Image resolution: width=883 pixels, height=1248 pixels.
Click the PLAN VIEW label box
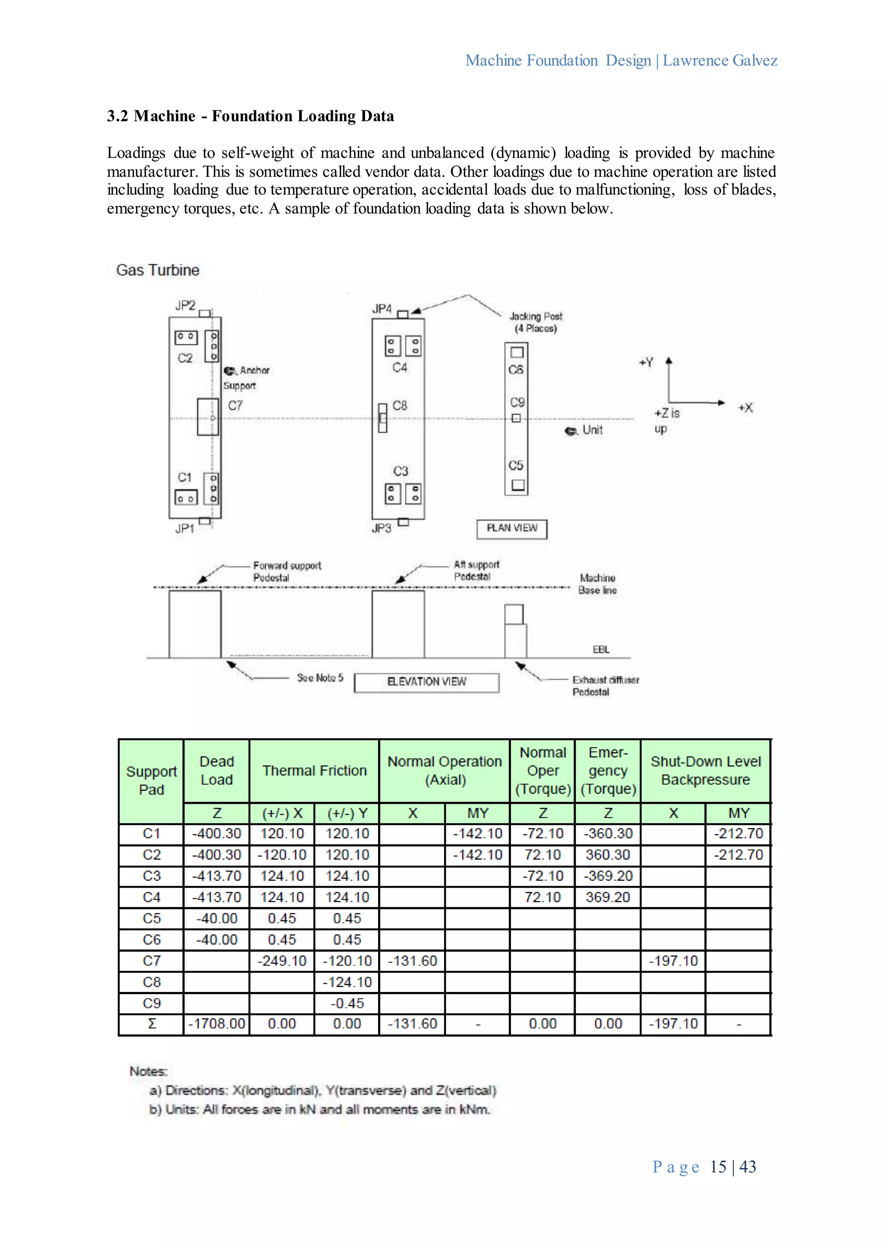click(x=512, y=528)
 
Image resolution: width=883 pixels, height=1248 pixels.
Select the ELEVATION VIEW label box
click(x=426, y=682)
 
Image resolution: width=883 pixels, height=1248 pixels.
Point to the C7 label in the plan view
click(x=235, y=406)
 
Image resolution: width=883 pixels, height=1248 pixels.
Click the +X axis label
click(x=745, y=408)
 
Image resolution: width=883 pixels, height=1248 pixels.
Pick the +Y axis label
click(x=646, y=362)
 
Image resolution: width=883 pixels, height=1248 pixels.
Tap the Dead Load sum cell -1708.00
click(x=216, y=1023)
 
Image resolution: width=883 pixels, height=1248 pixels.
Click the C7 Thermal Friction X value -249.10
click(x=282, y=961)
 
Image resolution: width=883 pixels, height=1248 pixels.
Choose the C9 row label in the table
click(x=152, y=1003)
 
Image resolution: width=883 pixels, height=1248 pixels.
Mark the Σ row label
click(x=152, y=1023)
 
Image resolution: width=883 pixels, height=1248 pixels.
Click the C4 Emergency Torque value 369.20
click(x=608, y=897)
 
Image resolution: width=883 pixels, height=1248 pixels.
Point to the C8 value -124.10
click(x=347, y=982)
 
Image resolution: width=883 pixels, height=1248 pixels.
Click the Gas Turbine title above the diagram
click(x=158, y=270)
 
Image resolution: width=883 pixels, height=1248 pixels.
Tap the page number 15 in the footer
click(x=718, y=1167)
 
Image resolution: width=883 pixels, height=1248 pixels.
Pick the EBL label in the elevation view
click(x=601, y=649)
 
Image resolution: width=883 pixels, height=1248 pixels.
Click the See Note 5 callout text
click(x=320, y=678)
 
